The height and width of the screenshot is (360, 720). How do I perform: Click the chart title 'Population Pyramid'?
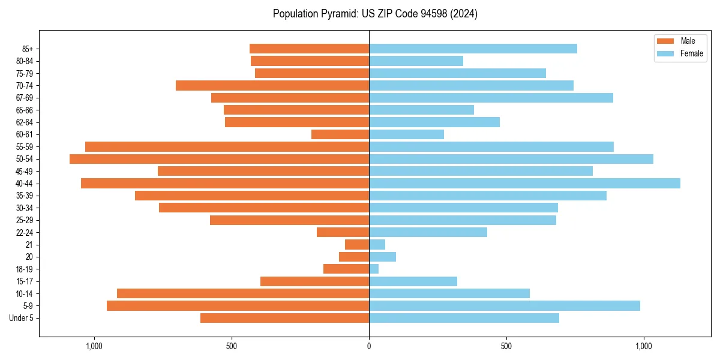pos(375,14)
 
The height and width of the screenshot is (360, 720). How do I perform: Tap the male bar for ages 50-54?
pos(219,159)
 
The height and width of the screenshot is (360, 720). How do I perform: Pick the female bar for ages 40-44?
pos(524,184)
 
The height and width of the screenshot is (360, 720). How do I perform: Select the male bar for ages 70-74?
pos(272,86)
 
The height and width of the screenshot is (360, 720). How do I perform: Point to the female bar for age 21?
pos(377,245)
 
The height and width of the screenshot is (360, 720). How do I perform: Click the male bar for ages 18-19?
pos(346,269)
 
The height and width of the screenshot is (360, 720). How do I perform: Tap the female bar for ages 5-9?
pos(505,306)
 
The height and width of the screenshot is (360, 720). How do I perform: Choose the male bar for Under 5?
pos(284,318)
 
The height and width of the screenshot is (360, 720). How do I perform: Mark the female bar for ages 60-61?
pos(406,134)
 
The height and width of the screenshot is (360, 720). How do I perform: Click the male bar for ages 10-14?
pos(243,293)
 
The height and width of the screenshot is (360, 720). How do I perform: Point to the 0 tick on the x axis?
pos(369,346)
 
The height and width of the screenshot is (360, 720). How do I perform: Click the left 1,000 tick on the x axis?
pos(94,346)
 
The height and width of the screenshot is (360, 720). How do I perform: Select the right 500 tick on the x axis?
pos(506,346)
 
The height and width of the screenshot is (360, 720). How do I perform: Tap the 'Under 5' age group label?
pos(21,318)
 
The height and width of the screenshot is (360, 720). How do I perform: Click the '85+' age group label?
pos(27,49)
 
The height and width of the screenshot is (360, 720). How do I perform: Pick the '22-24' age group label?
pos(25,233)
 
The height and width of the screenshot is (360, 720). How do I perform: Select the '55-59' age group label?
pos(25,147)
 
